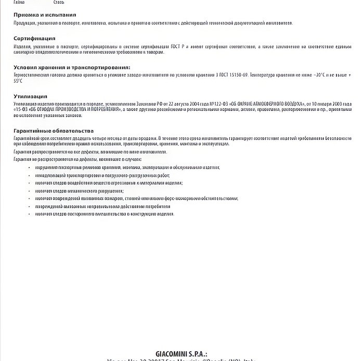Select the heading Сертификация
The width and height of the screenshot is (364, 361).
point(34,38)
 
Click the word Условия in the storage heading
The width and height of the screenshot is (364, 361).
point(25,68)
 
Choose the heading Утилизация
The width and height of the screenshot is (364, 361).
point(30,96)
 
